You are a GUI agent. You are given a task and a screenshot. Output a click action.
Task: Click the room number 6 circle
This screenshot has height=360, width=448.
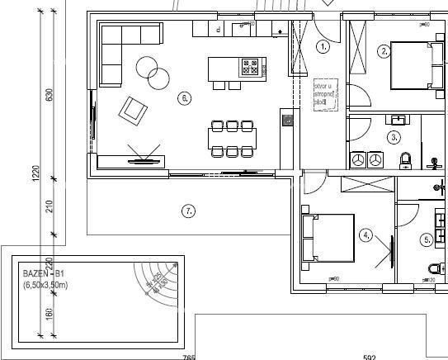pyautogui.click(x=184, y=98)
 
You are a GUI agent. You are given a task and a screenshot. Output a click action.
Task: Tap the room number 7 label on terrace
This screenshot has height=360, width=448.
pyautogui.click(x=189, y=211)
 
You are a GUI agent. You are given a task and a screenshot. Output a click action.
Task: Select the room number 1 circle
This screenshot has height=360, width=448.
pyautogui.click(x=323, y=47)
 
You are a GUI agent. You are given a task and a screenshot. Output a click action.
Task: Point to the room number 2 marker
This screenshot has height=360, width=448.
pyautogui.click(x=384, y=51)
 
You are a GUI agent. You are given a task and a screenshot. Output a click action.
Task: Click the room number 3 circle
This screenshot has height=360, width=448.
pyautogui.click(x=394, y=137)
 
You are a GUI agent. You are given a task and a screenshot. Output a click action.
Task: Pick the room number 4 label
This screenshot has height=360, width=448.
pyautogui.click(x=366, y=234)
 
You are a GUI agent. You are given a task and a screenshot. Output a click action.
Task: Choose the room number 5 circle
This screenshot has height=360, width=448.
pyautogui.click(x=427, y=240)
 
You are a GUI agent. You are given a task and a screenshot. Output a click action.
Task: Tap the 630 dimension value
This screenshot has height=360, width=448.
pyautogui.click(x=49, y=96)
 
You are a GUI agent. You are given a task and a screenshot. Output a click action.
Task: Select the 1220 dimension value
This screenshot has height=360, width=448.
pyautogui.click(x=36, y=176)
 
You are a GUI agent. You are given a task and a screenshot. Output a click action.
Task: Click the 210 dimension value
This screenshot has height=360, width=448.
pyautogui.click(x=49, y=206)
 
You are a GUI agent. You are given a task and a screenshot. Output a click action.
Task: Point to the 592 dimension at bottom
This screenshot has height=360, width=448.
pyautogui.click(x=369, y=357)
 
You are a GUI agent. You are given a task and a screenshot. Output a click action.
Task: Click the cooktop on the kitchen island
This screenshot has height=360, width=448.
pyautogui.click(x=249, y=64)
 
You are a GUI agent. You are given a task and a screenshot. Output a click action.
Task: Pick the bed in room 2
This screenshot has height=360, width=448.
pyautogui.click(x=413, y=64)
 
